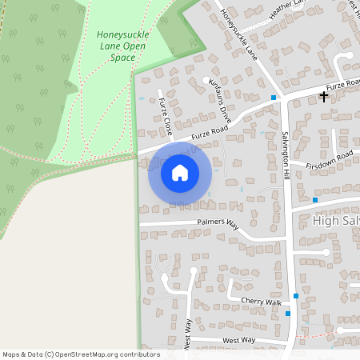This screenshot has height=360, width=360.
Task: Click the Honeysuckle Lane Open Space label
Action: point(122,46)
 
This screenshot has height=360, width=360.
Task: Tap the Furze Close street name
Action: point(166,115)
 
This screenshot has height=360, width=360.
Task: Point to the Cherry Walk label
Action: point(262,302)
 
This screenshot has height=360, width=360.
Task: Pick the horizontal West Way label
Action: point(238,341)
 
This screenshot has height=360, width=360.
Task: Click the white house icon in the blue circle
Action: point(180,172)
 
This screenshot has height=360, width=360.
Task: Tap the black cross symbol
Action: point(323,97)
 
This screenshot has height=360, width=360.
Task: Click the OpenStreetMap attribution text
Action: point(81,354)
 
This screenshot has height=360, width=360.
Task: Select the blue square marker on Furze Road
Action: point(274,98)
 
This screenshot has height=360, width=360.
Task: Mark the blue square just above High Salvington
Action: point(315,200)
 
